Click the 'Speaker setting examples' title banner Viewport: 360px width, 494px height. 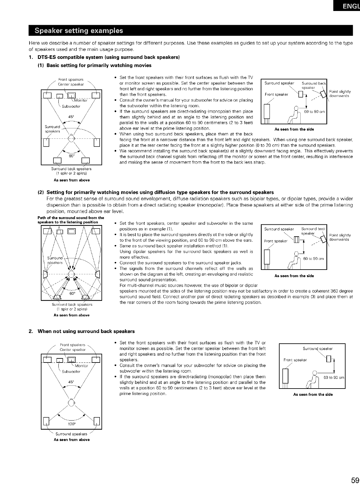pos(79,30)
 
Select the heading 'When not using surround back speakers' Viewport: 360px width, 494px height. pos(86,331)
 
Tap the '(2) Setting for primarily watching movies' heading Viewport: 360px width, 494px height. pos(160,192)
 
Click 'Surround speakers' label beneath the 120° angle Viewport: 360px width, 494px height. pos(71,434)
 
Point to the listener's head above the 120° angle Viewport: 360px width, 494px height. pos(72,402)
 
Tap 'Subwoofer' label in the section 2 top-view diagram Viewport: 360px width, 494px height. pos(71,372)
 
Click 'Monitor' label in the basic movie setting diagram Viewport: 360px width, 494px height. pos(80,100)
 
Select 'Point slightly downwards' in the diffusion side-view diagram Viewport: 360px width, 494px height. pos(340,237)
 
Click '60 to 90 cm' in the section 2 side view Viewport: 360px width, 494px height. pos(334,377)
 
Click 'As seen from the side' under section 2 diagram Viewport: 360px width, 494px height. pos(313,395)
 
